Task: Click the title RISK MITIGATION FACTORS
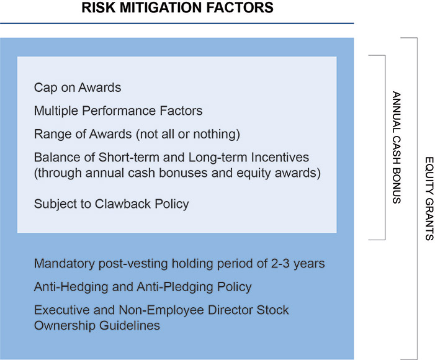coord(177,8)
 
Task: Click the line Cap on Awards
coord(78,88)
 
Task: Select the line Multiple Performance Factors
coord(118,111)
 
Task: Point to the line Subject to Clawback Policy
coord(111,204)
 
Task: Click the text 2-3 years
coord(300,264)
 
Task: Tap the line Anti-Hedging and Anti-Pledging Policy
coord(143,287)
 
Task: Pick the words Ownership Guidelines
coord(97,325)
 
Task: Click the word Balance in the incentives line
coord(56,158)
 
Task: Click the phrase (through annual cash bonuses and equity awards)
coord(177,173)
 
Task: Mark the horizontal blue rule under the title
coord(177,24)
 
